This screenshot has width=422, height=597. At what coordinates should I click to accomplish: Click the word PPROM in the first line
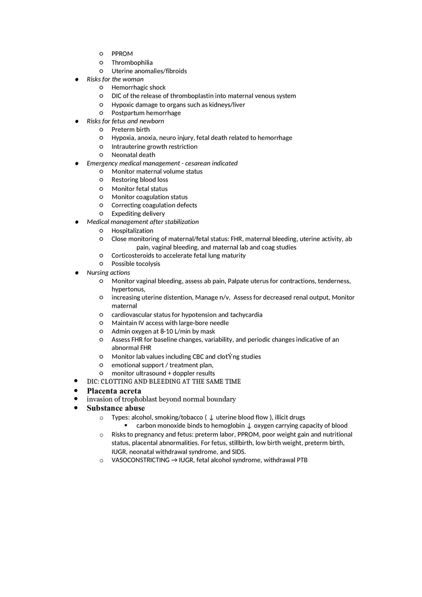[122, 54]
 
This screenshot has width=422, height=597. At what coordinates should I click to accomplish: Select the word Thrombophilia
[132, 63]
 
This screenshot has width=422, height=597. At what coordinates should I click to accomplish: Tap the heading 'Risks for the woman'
[115, 79]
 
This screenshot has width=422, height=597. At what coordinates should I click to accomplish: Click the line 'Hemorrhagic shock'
[139, 88]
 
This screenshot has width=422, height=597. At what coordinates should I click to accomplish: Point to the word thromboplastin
[192, 96]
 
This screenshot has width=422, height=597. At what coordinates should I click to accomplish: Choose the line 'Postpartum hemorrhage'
[146, 113]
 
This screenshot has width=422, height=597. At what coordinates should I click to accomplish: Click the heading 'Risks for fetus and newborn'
[125, 121]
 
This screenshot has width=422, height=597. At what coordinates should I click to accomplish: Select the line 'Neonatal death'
[133, 155]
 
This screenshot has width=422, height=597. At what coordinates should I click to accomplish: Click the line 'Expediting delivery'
[138, 214]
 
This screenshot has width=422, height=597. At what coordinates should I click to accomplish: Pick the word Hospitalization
[132, 231]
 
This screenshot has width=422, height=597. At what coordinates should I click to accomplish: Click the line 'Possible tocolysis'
[136, 264]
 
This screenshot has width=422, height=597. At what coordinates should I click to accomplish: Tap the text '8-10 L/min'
[176, 331]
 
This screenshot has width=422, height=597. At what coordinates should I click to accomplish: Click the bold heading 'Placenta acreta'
[114, 391]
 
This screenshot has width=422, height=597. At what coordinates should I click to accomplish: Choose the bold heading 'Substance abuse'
[116, 408]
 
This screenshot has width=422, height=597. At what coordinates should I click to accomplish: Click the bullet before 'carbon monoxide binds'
[126, 425]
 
